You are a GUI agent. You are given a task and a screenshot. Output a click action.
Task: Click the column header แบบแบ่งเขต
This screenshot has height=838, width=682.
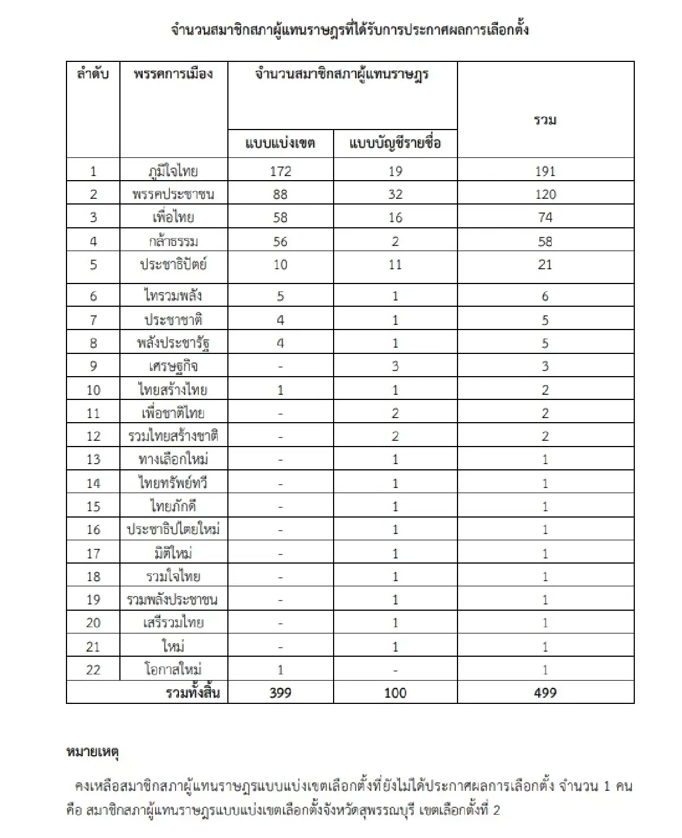[280, 143]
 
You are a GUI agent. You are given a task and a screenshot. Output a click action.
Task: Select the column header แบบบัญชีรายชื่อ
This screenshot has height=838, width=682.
[395, 143]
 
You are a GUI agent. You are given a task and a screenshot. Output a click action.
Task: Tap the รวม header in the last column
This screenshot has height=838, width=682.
[545, 120]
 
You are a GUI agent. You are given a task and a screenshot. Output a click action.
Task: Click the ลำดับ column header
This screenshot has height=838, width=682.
[93, 74]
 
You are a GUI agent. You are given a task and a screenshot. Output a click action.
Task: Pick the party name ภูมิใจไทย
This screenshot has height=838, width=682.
[173, 171]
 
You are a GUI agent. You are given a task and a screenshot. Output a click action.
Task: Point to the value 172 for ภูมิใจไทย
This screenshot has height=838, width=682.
[280, 171]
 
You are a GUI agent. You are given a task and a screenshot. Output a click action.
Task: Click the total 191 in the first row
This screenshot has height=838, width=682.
[545, 171]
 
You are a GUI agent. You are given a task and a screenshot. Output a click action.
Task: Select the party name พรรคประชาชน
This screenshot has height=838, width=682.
[173, 194]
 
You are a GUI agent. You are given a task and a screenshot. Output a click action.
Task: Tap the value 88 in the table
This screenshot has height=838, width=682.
[280, 194]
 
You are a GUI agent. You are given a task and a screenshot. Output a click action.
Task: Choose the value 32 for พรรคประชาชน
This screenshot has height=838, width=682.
[395, 194]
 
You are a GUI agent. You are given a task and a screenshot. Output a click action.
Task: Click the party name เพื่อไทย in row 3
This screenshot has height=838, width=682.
[173, 218]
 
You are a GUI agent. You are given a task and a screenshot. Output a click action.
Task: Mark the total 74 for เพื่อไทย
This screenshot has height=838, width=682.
[545, 218]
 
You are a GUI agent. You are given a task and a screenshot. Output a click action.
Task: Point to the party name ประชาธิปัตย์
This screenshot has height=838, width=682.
[173, 265]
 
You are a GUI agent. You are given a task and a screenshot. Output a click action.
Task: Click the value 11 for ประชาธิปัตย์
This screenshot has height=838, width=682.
[395, 265]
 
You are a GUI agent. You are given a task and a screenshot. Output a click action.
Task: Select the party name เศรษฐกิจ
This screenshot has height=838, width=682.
[173, 366]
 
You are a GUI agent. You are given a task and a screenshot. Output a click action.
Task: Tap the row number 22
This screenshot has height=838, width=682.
[93, 670]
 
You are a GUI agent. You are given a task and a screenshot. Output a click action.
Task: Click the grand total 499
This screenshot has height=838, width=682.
[545, 693]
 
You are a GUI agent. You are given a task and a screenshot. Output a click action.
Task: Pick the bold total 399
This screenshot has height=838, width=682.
[280, 693]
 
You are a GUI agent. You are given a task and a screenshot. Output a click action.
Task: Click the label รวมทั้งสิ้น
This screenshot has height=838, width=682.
[193, 693]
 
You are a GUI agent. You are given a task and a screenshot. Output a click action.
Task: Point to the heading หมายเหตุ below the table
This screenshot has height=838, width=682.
[92, 753]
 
